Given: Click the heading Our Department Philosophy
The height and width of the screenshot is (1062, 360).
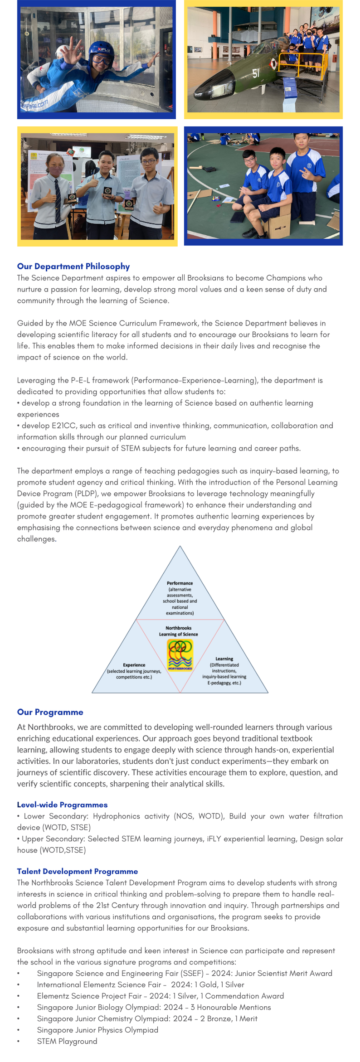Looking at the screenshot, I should click(73, 267).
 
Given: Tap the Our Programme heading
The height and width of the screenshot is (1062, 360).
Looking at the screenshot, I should click(50, 712).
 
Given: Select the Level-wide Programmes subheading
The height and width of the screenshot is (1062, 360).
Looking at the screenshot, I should click(62, 805).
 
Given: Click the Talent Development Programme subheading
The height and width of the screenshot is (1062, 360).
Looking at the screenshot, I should click(77, 871).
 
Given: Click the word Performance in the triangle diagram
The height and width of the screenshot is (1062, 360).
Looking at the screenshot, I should click(180, 583).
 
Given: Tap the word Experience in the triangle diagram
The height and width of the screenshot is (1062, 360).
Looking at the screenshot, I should click(134, 665).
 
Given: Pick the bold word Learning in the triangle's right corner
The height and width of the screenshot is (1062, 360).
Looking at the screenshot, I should click(224, 659).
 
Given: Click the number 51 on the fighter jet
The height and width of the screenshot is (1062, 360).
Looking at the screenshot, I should click(256, 73).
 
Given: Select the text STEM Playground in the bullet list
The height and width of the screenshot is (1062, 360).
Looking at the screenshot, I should click(67, 1041).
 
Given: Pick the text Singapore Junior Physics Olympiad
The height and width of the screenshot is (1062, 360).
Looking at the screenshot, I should click(97, 1030).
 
